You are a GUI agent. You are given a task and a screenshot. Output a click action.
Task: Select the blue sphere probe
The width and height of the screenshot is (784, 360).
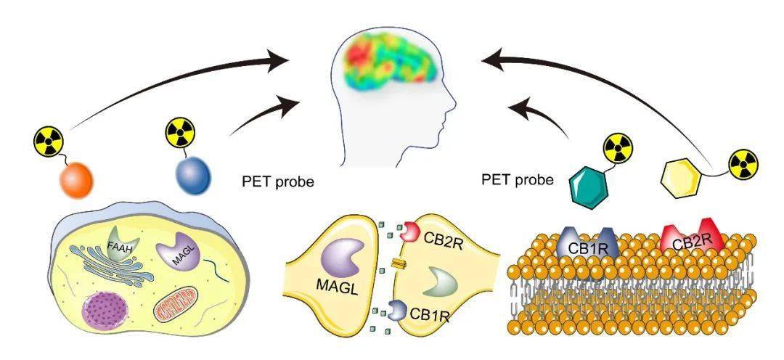click(194, 175)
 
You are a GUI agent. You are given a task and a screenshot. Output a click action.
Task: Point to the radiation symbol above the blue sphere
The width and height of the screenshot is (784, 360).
click(181, 133)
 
